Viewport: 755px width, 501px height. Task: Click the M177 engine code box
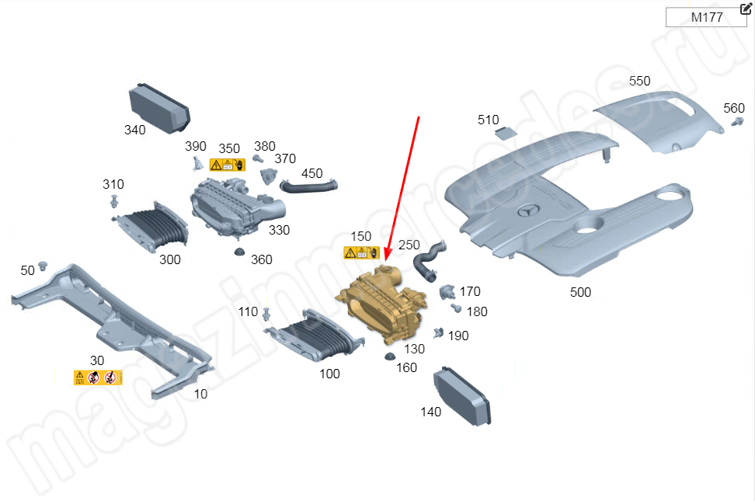click(706, 18)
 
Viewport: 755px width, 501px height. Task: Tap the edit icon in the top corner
click(746, 9)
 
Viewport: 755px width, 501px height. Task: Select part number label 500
click(580, 293)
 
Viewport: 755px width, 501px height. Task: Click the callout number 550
click(639, 82)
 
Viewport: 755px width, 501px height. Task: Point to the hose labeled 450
click(309, 186)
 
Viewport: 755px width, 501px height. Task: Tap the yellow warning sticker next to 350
click(228, 165)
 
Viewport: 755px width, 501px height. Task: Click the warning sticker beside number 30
click(99, 377)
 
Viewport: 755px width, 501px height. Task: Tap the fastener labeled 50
click(43, 266)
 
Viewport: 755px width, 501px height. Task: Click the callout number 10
click(201, 394)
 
